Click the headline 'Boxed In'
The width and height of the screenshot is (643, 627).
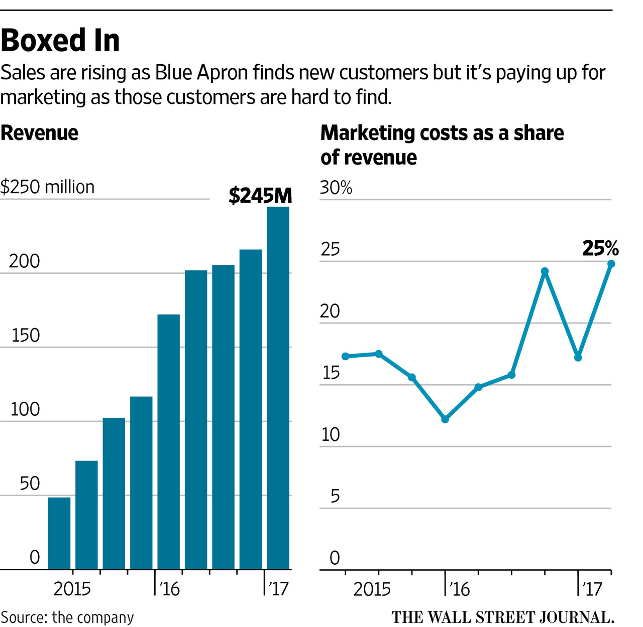click(x=60, y=41)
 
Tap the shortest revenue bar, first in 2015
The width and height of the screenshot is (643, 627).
click(x=59, y=533)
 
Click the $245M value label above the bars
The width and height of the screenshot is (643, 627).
click(x=260, y=196)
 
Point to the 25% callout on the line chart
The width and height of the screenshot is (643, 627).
click(x=600, y=248)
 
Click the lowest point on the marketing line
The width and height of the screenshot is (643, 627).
click(x=445, y=419)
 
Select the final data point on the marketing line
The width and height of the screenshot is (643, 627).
click(x=611, y=264)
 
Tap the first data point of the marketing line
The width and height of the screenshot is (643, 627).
click(x=345, y=356)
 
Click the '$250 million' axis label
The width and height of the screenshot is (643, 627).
click(x=47, y=187)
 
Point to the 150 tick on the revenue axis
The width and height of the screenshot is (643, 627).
click(x=25, y=336)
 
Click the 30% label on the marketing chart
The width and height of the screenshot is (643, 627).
click(x=336, y=188)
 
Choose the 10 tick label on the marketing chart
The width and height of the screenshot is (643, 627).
click(x=331, y=435)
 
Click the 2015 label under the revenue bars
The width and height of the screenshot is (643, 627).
click(x=72, y=589)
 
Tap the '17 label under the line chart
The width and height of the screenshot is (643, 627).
click(x=592, y=589)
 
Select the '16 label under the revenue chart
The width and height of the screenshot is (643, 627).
click(x=169, y=589)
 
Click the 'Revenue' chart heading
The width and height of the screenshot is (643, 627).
click(x=39, y=133)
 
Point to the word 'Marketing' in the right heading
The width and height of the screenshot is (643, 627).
click(x=367, y=133)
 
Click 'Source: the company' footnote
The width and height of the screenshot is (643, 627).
click(x=67, y=617)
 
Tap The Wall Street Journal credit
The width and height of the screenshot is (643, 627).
click(x=503, y=617)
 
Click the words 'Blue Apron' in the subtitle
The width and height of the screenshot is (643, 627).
click(x=201, y=73)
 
